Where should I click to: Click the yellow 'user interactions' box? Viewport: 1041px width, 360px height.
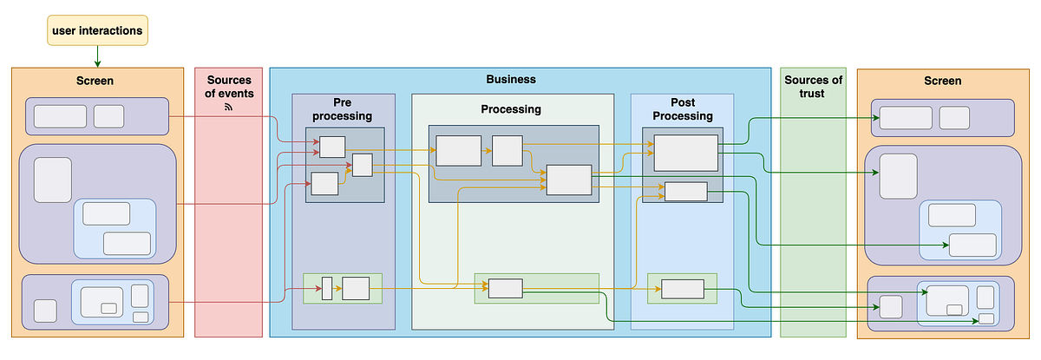tap(97, 31)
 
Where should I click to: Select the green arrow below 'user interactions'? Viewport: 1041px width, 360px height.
tap(97, 56)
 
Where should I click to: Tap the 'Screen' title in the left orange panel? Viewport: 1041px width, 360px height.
tap(97, 81)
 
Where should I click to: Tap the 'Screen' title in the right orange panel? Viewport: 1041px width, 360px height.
tap(942, 81)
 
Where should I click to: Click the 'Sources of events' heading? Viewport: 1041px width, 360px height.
tap(229, 87)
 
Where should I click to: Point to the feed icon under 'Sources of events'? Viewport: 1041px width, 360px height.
tap(229, 107)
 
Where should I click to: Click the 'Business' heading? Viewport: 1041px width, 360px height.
tap(511, 79)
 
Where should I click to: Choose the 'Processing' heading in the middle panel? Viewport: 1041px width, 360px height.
tap(511, 109)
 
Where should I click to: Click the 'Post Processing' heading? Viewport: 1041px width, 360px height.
tap(683, 108)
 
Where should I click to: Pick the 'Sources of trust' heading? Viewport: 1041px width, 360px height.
tap(813, 87)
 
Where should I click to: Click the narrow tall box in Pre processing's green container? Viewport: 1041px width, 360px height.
tap(327, 288)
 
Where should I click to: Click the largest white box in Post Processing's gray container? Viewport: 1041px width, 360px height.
tap(686, 153)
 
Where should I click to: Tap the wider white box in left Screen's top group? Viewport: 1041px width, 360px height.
tap(60, 116)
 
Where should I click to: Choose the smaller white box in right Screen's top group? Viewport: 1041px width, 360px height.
tap(954, 117)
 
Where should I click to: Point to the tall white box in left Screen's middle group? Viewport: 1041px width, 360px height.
tap(52, 180)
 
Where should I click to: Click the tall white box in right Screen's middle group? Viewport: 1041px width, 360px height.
tap(899, 176)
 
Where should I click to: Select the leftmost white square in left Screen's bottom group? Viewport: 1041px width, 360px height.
tap(45, 311)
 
